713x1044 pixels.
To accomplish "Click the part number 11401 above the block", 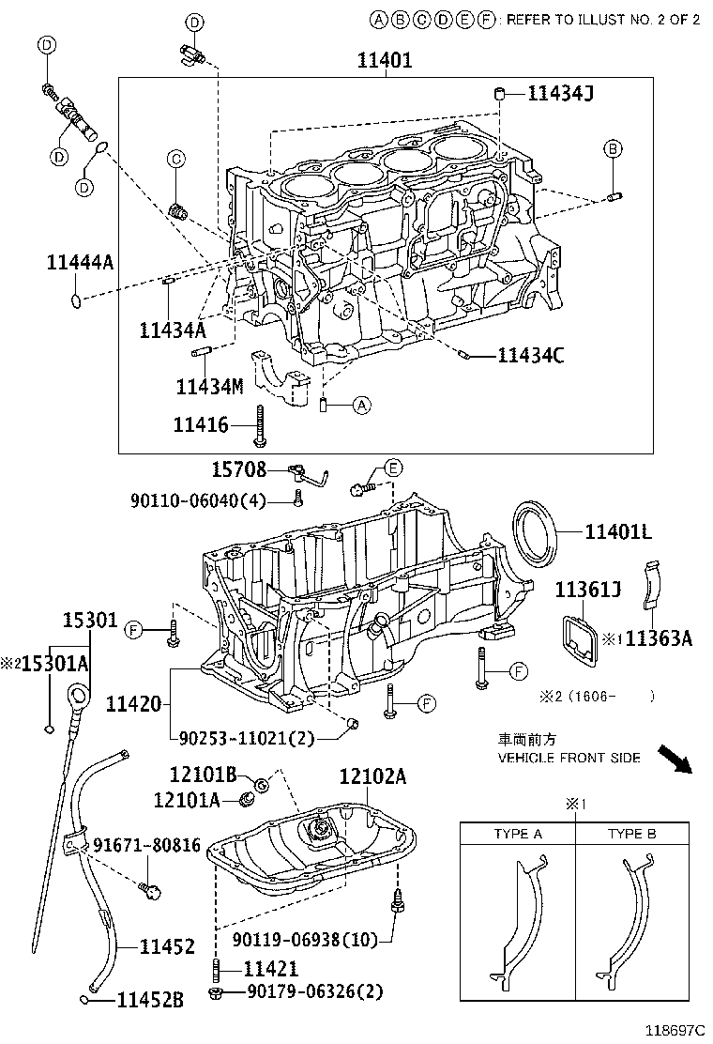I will click(x=385, y=61).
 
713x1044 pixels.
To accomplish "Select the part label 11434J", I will click(x=560, y=92).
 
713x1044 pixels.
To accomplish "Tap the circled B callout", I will click(x=612, y=148).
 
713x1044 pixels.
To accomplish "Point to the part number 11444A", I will click(x=80, y=262).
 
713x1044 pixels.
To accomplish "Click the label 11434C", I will click(x=530, y=355).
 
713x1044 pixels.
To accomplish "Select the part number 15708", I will click(x=237, y=469).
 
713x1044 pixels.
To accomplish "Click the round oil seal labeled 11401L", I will click(x=536, y=531).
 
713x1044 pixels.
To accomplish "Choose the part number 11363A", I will click(x=659, y=638).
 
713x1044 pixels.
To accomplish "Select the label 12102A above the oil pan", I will click(x=372, y=776).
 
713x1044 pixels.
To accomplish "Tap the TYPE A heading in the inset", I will click(x=517, y=833).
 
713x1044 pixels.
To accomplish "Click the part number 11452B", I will click(x=149, y=1001).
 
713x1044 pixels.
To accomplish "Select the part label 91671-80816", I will click(x=146, y=845).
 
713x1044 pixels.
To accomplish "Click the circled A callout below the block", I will click(x=362, y=406).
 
